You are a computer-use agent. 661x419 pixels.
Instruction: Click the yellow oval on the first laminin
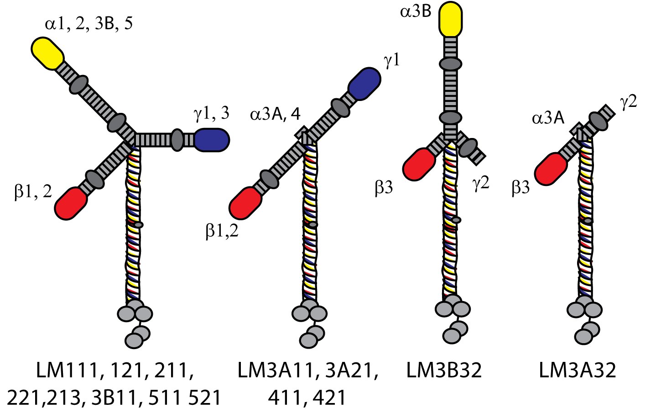[48, 53]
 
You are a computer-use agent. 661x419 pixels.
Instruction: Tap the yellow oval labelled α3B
[450, 19]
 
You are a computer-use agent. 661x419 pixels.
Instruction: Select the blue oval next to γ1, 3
[211, 140]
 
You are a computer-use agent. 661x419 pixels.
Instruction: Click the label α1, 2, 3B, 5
[89, 23]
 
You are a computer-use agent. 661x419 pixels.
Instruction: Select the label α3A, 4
[275, 114]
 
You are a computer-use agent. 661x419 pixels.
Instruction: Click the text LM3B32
[443, 371]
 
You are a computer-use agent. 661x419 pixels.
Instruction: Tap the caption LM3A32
[577, 371]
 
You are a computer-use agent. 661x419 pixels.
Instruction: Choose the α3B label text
[416, 11]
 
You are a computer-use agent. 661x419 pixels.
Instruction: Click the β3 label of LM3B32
[384, 187]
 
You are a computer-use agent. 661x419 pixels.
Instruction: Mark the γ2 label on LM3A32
[629, 102]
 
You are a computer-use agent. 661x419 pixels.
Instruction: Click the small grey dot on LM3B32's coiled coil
[456, 220]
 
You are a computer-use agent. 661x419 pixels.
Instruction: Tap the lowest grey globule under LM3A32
[584, 337]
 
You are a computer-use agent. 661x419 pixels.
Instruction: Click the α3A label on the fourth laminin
[548, 119]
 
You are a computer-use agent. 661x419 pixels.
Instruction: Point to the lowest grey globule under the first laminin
[134, 340]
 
